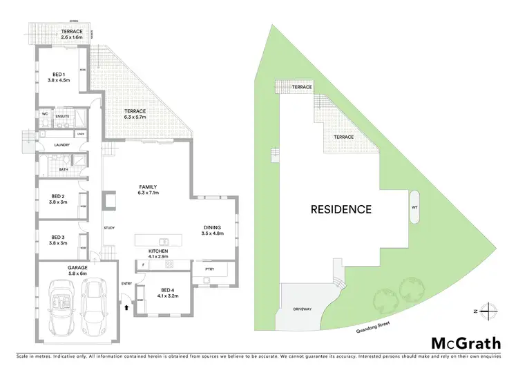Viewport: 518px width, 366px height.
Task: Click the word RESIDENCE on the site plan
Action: pyautogui.click(x=340, y=209)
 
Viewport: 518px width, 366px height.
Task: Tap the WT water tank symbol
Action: pyautogui.click(x=414, y=207)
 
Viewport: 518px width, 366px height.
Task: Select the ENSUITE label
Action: pyautogui.click(x=63, y=117)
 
